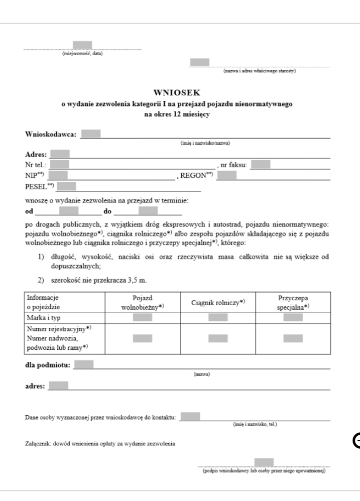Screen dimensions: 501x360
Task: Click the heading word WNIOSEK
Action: click(x=180, y=92)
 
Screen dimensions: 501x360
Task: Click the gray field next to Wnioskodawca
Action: click(x=91, y=134)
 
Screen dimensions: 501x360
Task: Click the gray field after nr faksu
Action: click(x=260, y=163)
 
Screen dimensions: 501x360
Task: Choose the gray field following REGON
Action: click(x=226, y=175)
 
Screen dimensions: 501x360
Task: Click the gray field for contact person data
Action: click(x=190, y=416)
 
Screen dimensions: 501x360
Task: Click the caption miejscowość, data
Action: click(x=82, y=54)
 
